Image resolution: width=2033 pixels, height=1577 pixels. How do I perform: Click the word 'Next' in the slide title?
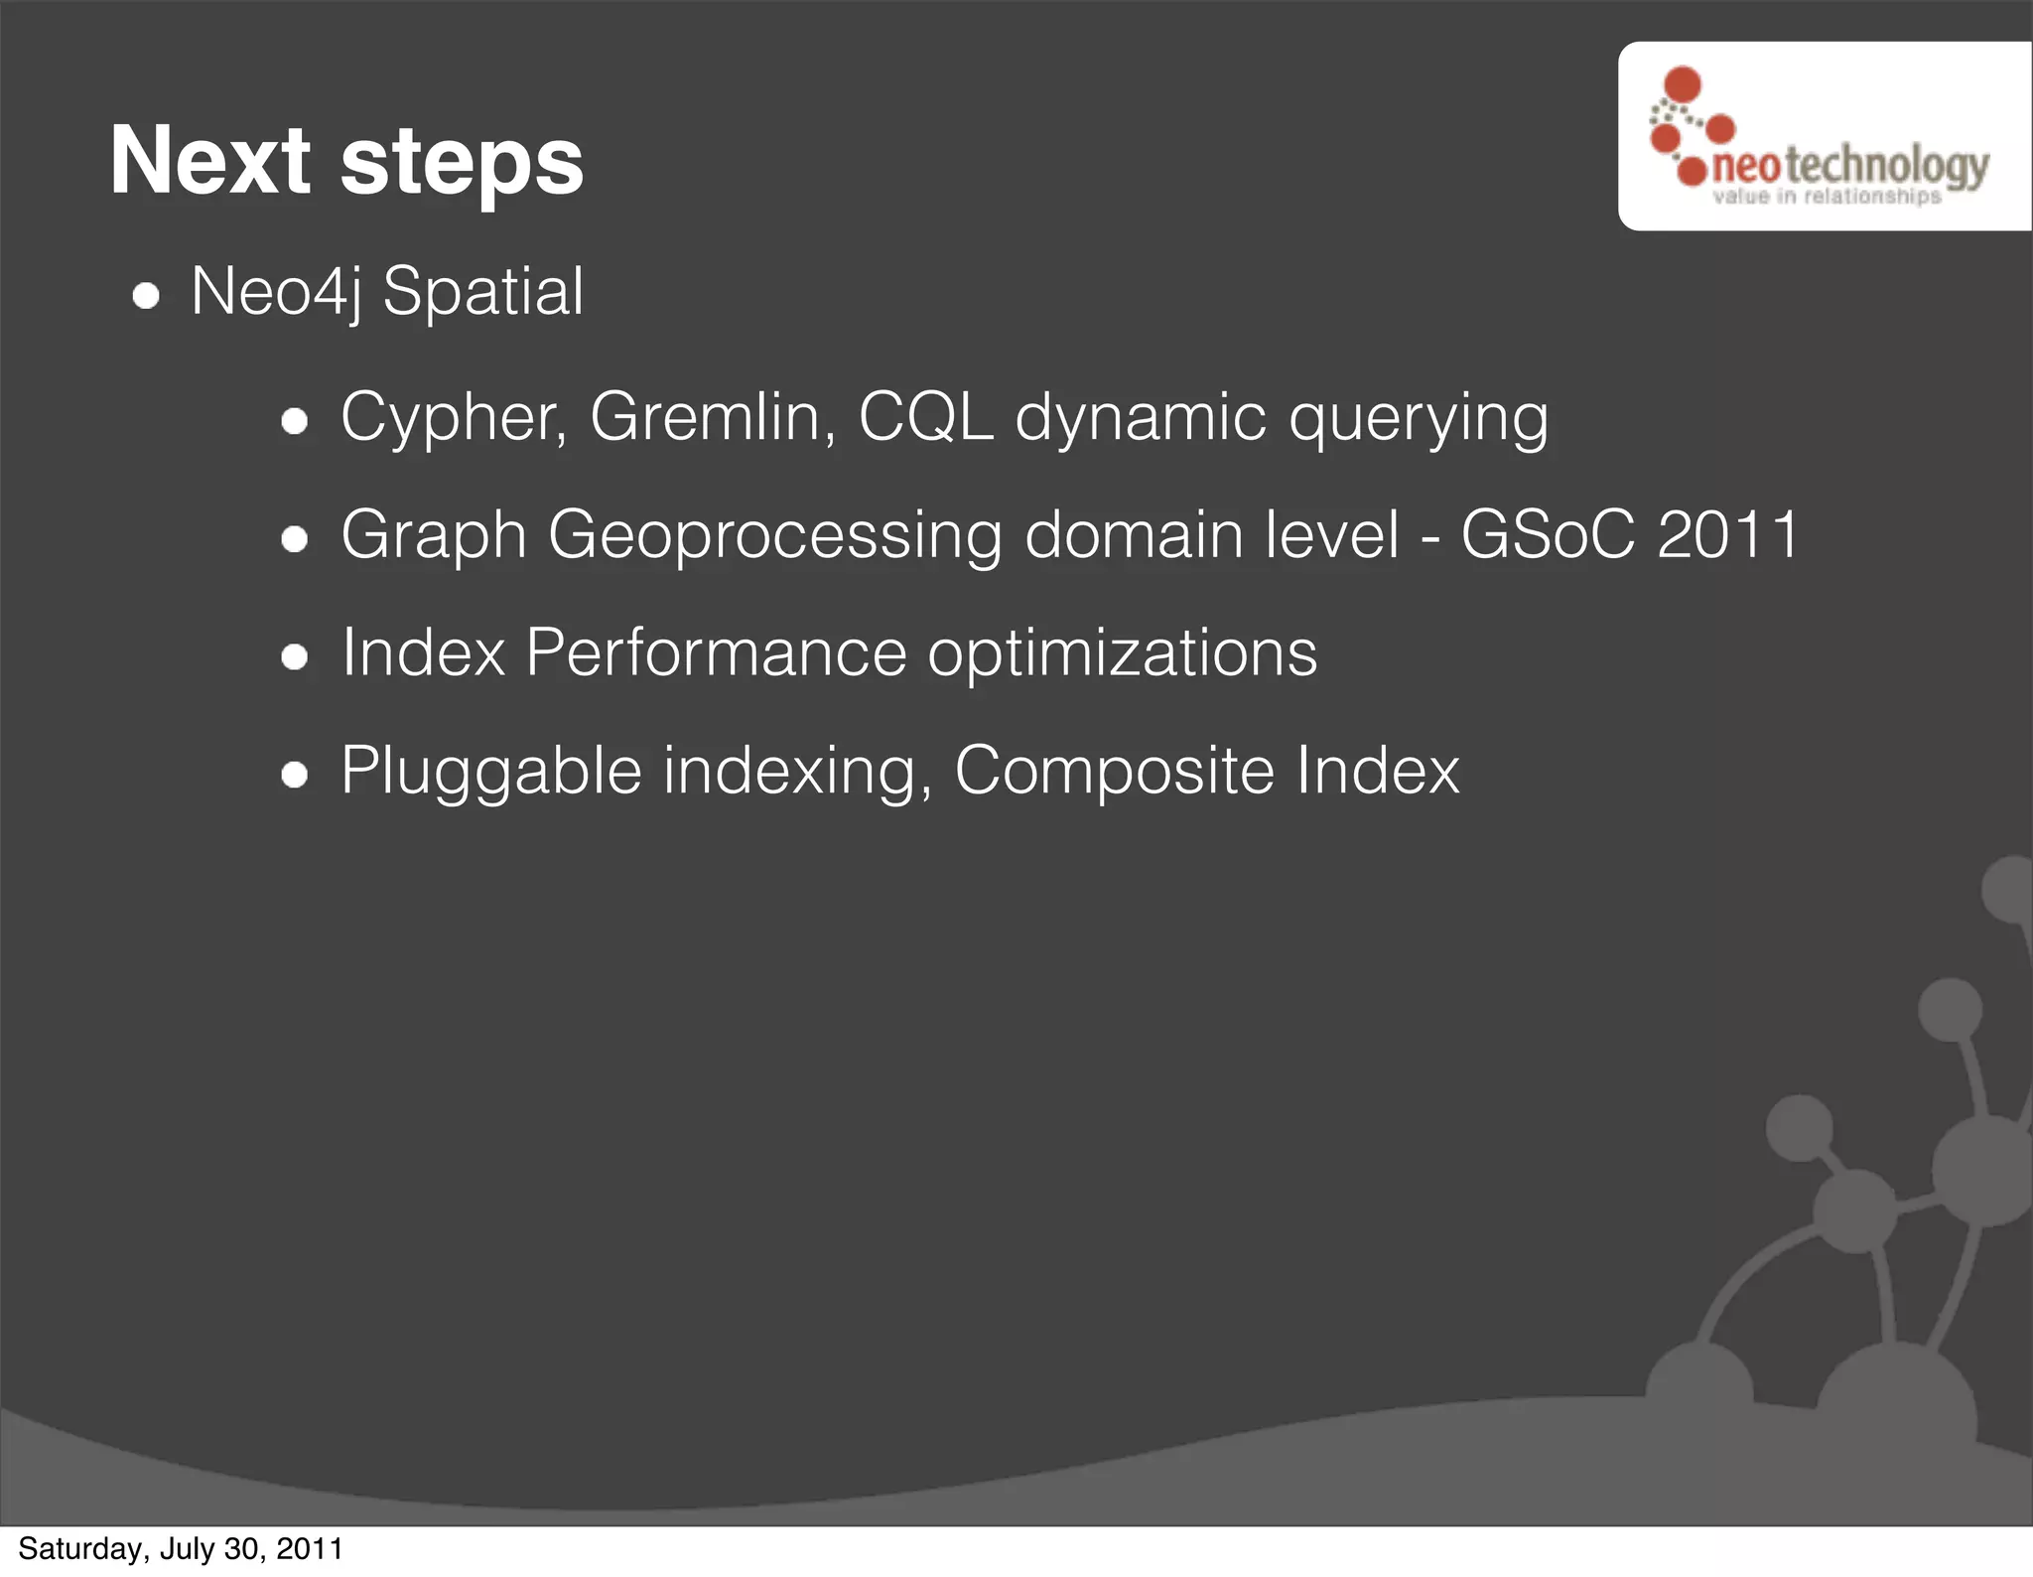coord(210,161)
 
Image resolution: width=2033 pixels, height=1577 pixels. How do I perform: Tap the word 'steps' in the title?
coord(462,164)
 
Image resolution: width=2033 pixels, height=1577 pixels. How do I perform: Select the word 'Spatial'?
coord(483,294)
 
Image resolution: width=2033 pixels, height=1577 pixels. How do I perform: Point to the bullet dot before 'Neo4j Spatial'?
coord(147,296)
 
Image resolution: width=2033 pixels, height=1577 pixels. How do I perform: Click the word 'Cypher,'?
coord(454,417)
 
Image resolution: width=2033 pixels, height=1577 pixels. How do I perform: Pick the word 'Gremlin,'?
coord(713,417)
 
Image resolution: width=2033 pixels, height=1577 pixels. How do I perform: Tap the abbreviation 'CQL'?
coord(925,417)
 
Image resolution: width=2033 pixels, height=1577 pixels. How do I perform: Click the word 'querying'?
coord(1418,419)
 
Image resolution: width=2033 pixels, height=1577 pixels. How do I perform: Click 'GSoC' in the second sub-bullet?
coord(1547,535)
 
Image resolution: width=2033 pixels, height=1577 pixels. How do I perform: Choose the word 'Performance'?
coord(715,653)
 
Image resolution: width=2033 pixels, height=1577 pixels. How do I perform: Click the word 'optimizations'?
coord(1122,655)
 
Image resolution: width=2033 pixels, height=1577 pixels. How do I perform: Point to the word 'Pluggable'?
coord(491,772)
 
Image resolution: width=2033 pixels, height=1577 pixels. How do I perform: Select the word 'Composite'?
coord(1114,772)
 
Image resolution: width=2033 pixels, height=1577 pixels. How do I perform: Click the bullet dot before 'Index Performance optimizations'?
coord(295,656)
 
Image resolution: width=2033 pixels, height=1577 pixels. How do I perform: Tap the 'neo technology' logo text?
coord(1850,164)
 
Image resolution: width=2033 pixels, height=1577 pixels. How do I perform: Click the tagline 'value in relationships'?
coord(1827,197)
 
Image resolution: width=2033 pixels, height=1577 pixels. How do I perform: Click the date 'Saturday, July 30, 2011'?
coord(181,1549)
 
